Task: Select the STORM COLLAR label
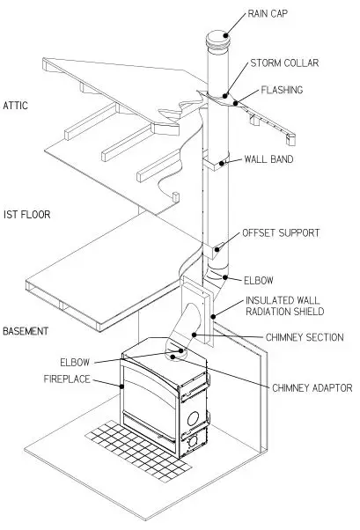click(286, 64)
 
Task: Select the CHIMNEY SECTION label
click(304, 336)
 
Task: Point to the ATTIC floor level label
click(16, 106)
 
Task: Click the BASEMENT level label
click(26, 331)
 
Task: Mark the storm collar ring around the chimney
click(217, 94)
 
